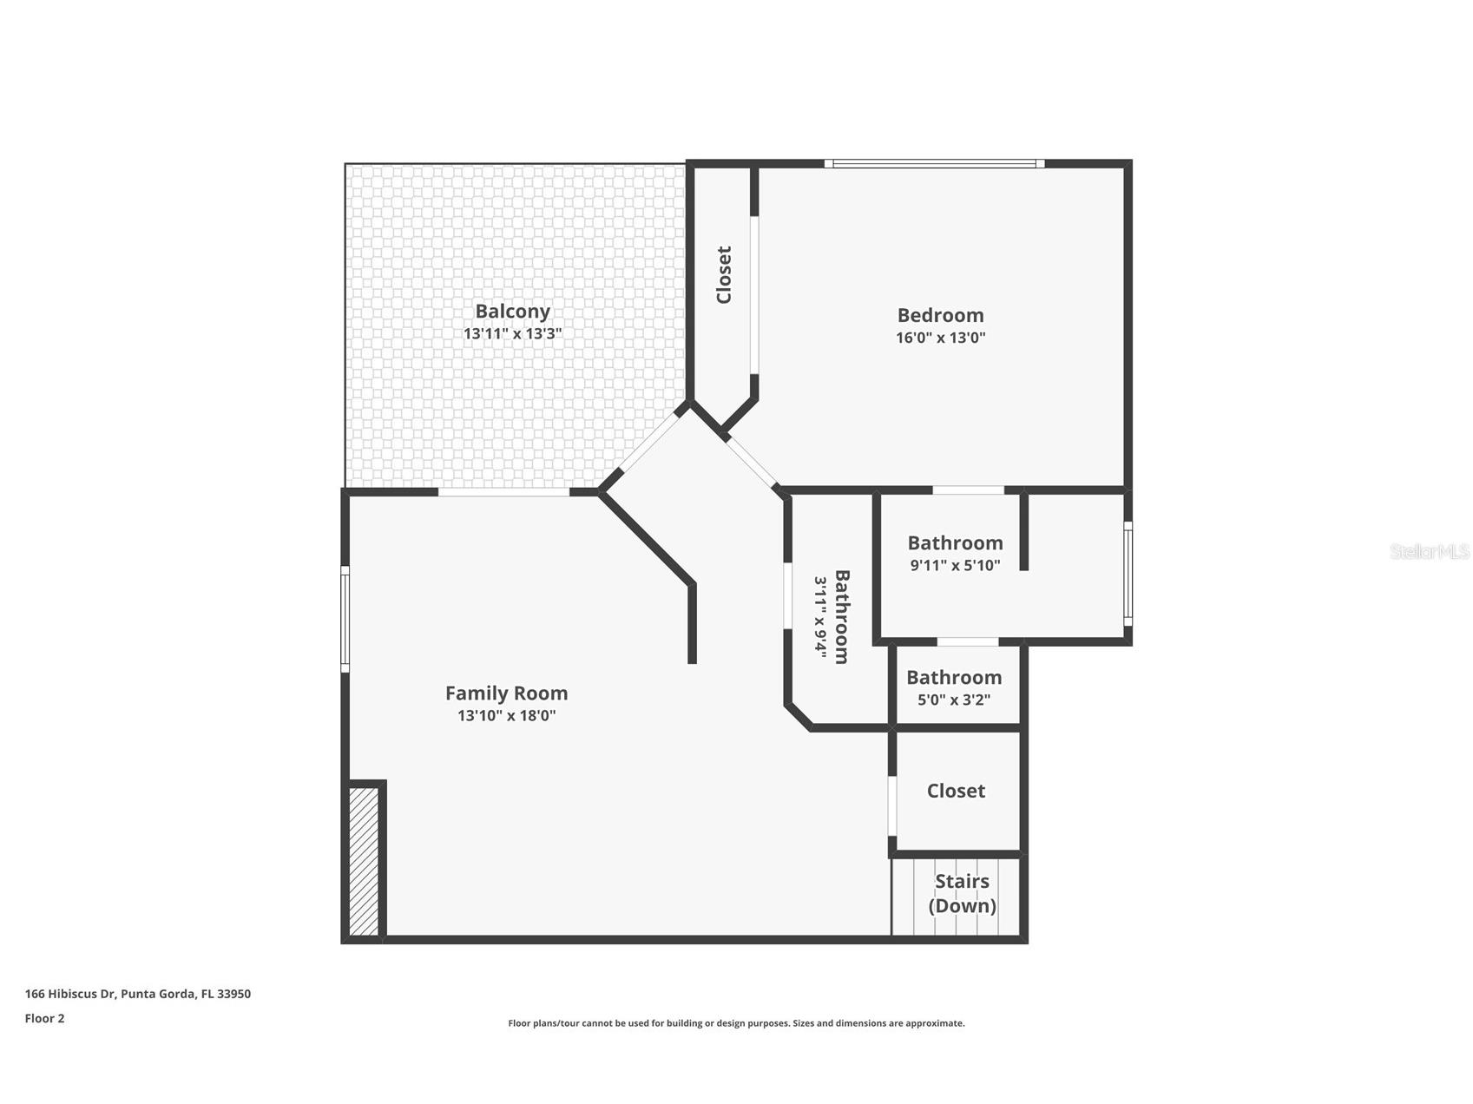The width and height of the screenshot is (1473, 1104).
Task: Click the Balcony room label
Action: (512, 312)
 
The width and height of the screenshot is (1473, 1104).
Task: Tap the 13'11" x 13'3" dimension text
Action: (512, 333)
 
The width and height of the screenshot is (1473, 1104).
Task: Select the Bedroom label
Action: (940, 315)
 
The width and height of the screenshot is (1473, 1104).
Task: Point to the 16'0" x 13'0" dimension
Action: (940, 338)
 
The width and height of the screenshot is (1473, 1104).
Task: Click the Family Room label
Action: (506, 693)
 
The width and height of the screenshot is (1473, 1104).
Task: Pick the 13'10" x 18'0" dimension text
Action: (506, 716)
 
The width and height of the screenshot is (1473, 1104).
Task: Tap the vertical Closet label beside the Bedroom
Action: (723, 275)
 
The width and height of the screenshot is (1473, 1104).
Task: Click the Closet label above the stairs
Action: (956, 791)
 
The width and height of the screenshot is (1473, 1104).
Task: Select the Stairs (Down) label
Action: (962, 893)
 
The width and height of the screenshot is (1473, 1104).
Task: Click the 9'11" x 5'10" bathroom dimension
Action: (955, 566)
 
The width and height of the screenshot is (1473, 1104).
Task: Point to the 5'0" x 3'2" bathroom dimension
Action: (953, 700)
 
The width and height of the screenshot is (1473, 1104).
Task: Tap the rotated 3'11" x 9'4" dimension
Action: (819, 616)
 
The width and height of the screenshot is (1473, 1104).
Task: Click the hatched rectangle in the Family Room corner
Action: (364, 860)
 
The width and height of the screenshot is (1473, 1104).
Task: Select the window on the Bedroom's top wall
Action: (933, 163)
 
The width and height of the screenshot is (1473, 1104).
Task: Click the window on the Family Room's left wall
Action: (345, 619)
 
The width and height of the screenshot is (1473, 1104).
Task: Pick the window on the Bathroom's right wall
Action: (1128, 573)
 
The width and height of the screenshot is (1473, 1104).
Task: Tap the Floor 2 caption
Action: (44, 1019)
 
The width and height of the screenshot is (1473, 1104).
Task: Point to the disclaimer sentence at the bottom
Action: (736, 1023)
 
